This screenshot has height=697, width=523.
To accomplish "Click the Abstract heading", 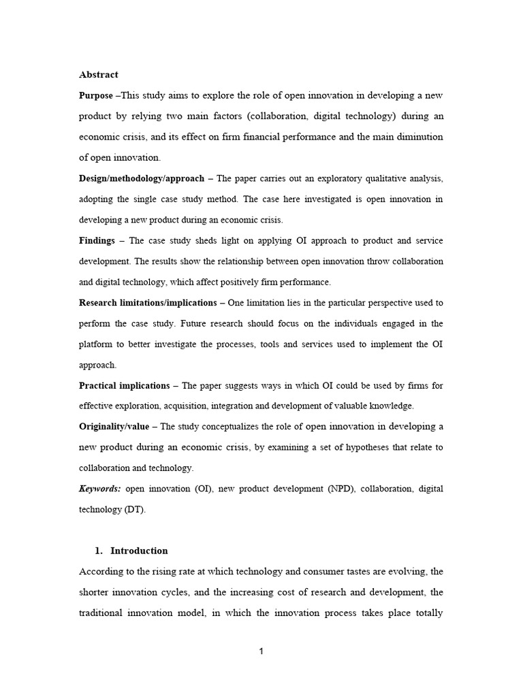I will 99,75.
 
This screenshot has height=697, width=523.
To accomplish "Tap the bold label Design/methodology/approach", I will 142,178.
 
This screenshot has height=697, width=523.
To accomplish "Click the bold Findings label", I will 97,240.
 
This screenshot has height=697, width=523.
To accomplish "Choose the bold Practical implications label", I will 125,385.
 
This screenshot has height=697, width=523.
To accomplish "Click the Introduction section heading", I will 139,551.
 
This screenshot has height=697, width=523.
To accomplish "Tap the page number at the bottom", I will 261,651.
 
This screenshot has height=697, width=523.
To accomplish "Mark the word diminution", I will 416,137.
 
